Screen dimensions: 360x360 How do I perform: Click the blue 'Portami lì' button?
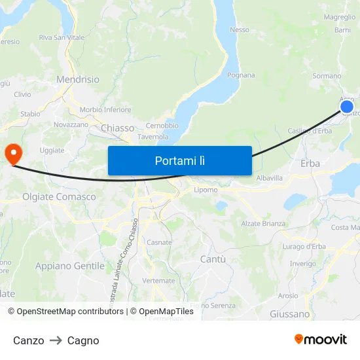180,160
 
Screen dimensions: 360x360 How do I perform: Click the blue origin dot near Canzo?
347,107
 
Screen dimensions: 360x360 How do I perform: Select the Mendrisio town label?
78,79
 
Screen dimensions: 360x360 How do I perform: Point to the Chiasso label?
118,128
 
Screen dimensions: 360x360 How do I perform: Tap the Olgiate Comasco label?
59,196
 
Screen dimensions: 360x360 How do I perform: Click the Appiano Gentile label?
70,266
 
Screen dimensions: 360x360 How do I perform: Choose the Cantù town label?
213,259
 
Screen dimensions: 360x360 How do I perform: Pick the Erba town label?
310,164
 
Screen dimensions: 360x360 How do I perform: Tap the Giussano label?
289,314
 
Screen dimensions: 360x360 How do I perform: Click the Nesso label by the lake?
240,29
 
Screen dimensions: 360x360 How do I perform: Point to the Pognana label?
241,75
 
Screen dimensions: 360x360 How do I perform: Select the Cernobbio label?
162,126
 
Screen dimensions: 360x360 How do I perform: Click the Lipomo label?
206,190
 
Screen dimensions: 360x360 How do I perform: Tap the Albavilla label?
270,178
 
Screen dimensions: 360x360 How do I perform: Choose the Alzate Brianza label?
264,223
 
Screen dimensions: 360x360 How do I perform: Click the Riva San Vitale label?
62,38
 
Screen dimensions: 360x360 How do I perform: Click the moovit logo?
321,340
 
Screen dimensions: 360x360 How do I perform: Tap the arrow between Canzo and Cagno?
56,340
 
